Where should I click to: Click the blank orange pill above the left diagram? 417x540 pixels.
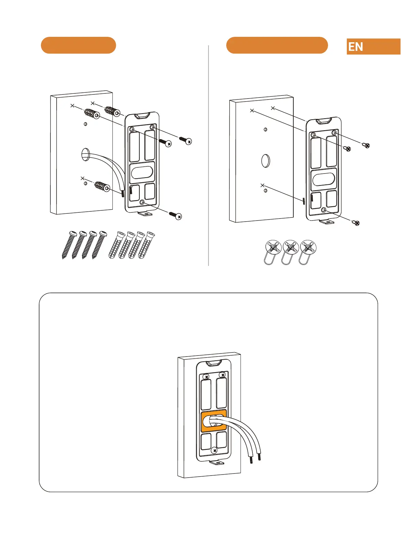78,45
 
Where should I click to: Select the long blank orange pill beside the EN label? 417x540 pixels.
277,45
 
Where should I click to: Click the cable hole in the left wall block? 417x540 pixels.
85,154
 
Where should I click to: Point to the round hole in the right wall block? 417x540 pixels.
266,160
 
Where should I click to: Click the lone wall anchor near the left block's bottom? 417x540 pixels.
102,186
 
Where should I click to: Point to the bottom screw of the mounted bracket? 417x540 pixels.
214,451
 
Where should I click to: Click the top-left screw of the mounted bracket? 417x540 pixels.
205,376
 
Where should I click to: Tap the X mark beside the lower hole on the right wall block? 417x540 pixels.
262,185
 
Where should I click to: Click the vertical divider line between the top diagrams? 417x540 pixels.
208,155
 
